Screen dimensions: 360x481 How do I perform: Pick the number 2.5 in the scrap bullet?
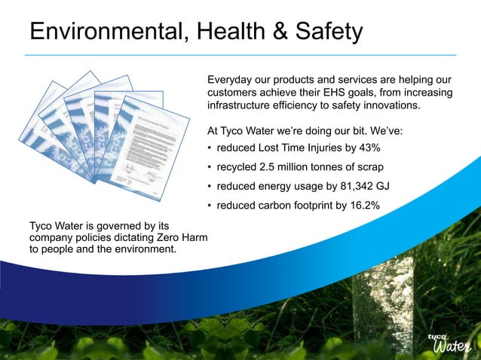pos(274,166)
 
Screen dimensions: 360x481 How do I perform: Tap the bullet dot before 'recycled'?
pos(209,167)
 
